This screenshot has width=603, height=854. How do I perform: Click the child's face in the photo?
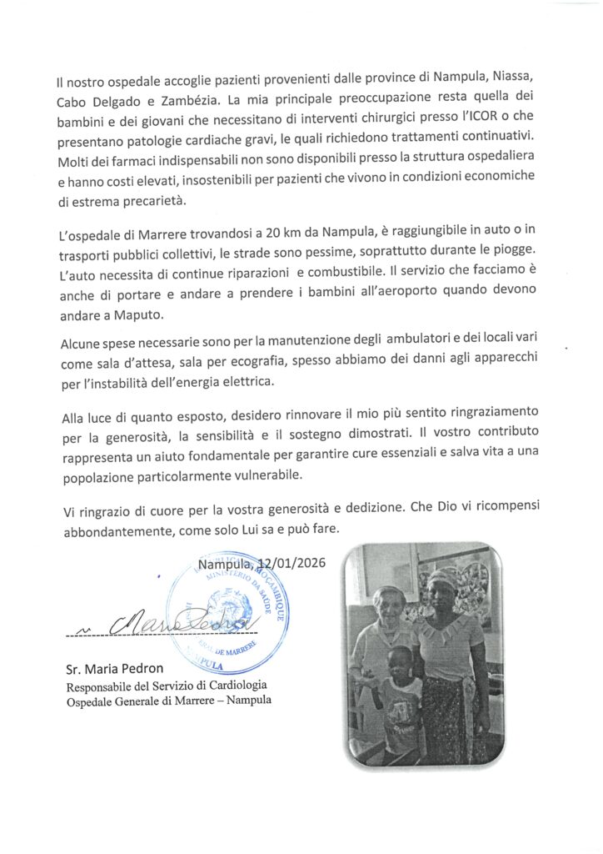pyautogui.click(x=401, y=661)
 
